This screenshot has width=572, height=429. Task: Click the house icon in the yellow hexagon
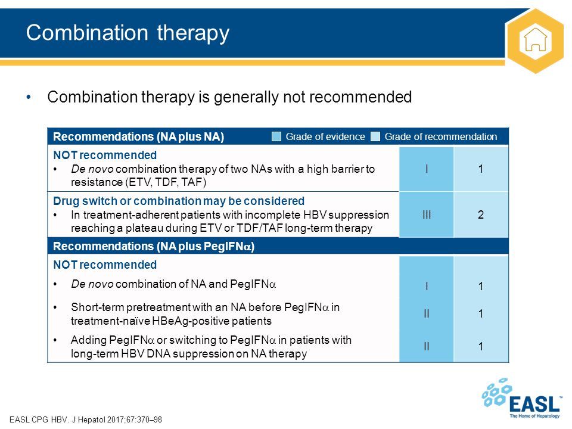point(535,39)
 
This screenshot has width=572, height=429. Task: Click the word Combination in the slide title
point(87,32)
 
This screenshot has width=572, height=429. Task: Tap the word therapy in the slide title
point(193,33)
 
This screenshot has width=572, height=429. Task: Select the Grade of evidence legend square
point(276,136)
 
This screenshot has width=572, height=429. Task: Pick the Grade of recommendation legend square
point(375,136)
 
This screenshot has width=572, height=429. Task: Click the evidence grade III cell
point(427,214)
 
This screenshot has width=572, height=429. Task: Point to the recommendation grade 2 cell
point(481,214)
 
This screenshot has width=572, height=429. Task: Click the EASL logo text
point(534,404)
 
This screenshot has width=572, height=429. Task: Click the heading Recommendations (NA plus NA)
point(139,137)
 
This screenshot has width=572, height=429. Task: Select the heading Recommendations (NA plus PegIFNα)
point(154,246)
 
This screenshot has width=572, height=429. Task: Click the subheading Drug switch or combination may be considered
point(179,201)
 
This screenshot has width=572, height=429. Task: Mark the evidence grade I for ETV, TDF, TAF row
point(427,169)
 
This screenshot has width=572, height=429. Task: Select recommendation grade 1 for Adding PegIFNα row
point(481,346)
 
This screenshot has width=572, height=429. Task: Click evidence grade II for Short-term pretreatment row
point(427,313)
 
